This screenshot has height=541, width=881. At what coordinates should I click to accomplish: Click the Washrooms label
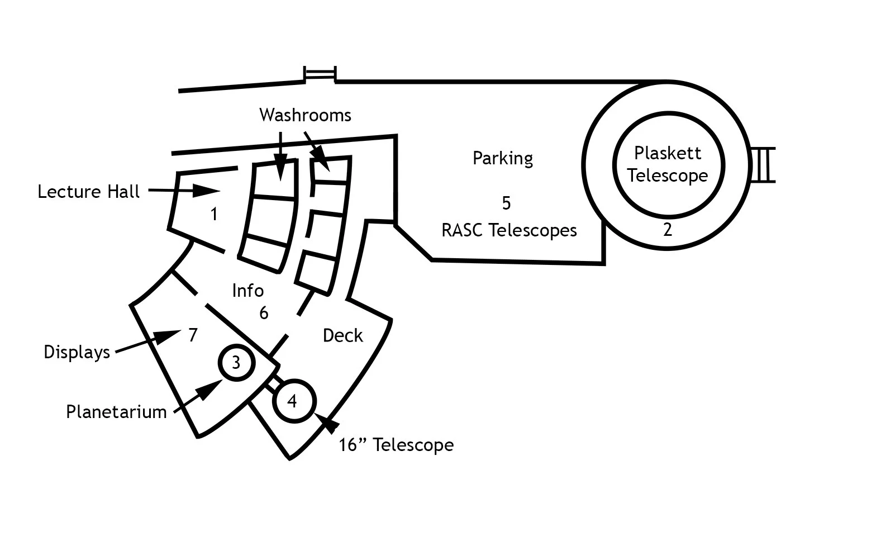point(305,115)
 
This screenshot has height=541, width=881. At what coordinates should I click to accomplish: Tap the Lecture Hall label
point(88,192)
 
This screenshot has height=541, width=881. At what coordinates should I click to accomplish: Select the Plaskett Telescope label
point(668,164)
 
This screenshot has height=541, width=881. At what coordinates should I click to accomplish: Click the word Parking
point(503,158)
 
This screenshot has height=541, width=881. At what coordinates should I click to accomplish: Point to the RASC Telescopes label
point(509,230)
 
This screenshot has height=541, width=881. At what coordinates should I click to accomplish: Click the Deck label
point(343,335)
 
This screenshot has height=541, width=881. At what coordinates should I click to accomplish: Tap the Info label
point(247,291)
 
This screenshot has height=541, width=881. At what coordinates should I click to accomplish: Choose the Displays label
point(77,352)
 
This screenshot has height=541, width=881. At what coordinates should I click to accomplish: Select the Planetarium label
point(116,412)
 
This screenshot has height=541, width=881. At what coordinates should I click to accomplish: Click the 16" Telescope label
point(396,445)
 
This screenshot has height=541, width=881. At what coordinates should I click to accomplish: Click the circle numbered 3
point(236,363)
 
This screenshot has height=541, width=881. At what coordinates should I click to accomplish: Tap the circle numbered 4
point(292,401)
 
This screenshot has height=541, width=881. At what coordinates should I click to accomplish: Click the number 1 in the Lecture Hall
point(213,213)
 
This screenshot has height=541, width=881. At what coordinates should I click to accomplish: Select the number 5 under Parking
point(506,203)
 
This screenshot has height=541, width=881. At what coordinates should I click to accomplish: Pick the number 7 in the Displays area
point(193,335)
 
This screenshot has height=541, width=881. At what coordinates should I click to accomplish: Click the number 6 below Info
point(264,313)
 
